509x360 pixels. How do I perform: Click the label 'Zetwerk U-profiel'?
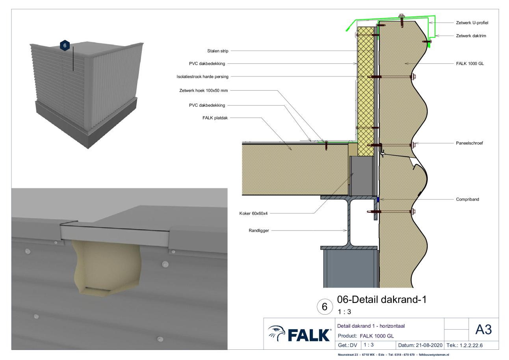[472, 23]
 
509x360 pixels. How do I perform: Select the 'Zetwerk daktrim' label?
[471, 36]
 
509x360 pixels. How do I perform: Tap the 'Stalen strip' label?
[217, 51]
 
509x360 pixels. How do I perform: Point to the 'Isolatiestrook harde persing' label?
[202, 76]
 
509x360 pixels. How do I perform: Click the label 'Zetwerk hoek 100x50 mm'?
[203, 91]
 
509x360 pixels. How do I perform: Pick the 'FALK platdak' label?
[215, 118]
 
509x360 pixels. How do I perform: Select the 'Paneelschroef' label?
[469, 143]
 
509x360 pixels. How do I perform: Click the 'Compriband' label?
[467, 199]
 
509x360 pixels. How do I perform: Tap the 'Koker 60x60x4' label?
[253, 213]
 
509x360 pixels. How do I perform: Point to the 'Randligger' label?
[259, 230]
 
